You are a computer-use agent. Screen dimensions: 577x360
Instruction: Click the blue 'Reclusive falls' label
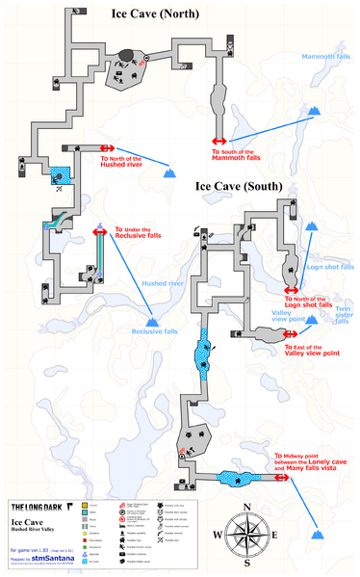coord(155,331)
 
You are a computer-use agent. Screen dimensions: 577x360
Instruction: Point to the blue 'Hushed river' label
coord(163,284)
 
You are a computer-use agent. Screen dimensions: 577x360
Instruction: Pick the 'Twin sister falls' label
coord(342,316)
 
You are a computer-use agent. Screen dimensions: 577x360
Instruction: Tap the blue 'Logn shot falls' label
coord(328,267)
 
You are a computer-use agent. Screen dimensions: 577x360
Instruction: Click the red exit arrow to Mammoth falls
coord(219,141)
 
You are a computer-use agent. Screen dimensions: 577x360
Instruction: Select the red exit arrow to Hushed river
coord(107,148)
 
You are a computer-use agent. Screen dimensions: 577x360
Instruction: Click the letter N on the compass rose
coord(247,507)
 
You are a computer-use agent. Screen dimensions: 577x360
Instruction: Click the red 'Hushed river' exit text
coord(122,163)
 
